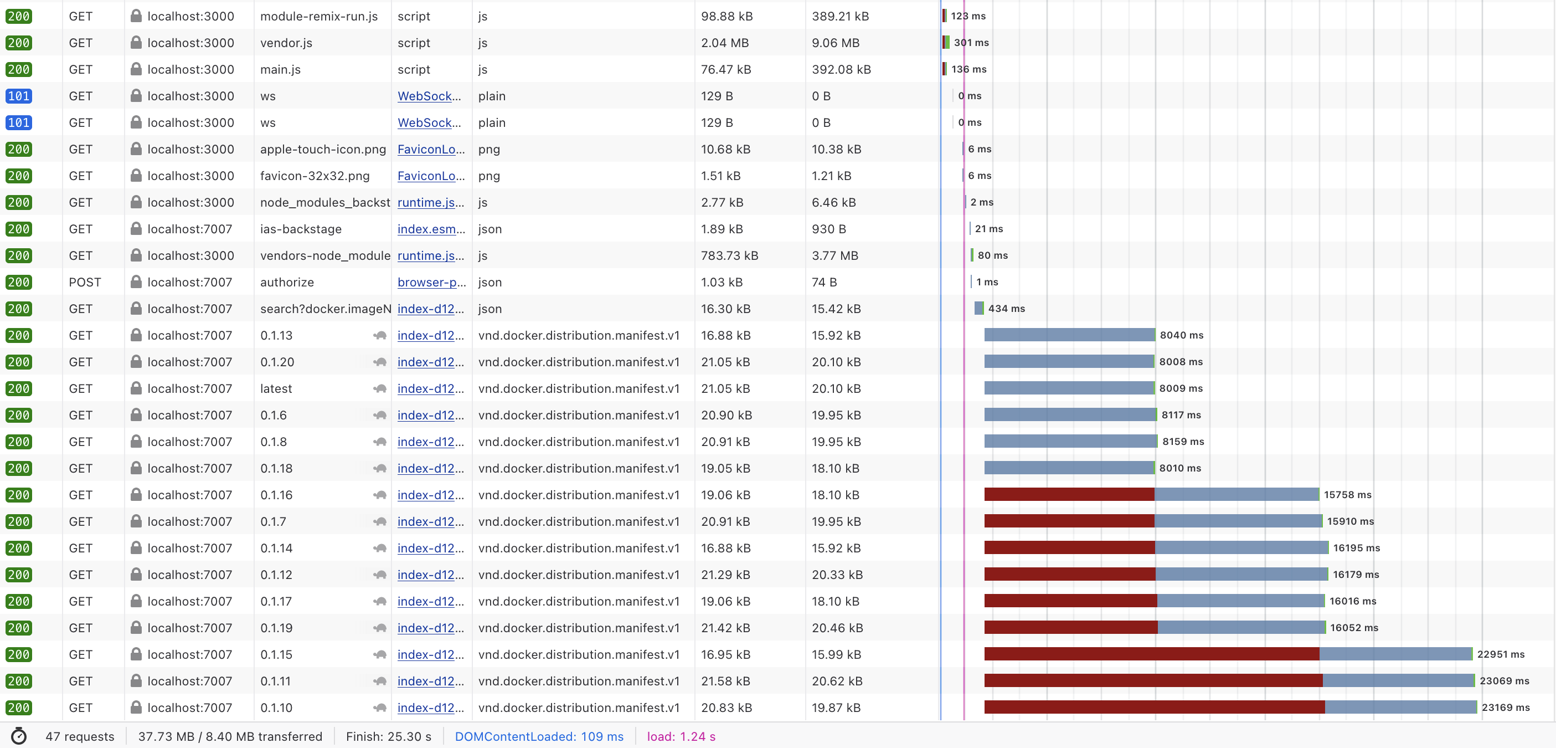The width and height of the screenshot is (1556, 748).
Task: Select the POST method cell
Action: [85, 282]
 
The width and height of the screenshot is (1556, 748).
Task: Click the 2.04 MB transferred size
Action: [724, 43]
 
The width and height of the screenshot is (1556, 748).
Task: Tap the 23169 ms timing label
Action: [1505, 708]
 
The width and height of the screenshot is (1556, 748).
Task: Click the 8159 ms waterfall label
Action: [1183, 442]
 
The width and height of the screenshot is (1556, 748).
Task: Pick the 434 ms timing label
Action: [1006, 309]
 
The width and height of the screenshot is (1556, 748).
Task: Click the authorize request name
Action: [287, 282]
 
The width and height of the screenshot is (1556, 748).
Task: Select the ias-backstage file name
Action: [301, 229]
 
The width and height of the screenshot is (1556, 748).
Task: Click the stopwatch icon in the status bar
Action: [19, 736]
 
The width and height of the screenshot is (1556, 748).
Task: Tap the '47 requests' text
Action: [80, 736]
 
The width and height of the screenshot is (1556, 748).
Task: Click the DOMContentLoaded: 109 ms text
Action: [539, 736]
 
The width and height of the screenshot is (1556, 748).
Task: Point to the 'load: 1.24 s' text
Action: [681, 736]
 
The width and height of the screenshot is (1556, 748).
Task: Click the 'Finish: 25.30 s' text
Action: [388, 736]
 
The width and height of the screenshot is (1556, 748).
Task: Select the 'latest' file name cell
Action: [276, 388]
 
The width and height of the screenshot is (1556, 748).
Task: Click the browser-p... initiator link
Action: [431, 282]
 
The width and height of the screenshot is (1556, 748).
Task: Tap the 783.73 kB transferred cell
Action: [729, 255]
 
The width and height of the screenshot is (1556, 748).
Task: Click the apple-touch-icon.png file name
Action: [323, 149]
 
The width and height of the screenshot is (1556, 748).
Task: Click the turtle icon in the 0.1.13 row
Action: [380, 335]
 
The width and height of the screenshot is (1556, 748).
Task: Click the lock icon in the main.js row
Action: [136, 69]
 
